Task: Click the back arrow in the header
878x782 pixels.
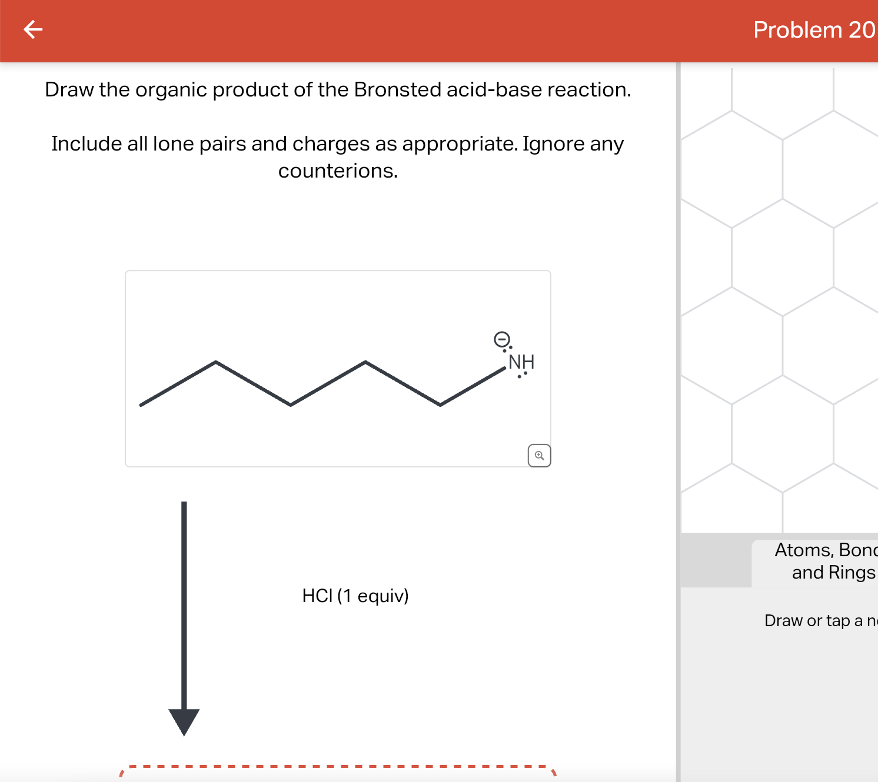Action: click(33, 29)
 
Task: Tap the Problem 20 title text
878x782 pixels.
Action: click(814, 30)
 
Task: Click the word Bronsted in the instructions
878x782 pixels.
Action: click(397, 89)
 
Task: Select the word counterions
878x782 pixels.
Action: click(338, 171)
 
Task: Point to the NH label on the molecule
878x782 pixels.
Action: click(521, 361)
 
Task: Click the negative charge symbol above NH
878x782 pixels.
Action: click(501, 339)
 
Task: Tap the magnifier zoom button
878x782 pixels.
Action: click(539, 456)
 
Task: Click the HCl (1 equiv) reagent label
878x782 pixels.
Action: click(355, 596)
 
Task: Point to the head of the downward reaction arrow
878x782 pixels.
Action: click(184, 721)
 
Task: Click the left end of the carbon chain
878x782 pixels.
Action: click(141, 405)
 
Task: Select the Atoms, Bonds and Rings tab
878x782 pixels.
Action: click(824, 561)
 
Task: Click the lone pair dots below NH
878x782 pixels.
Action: click(522, 375)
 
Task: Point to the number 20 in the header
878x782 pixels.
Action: click(862, 30)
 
